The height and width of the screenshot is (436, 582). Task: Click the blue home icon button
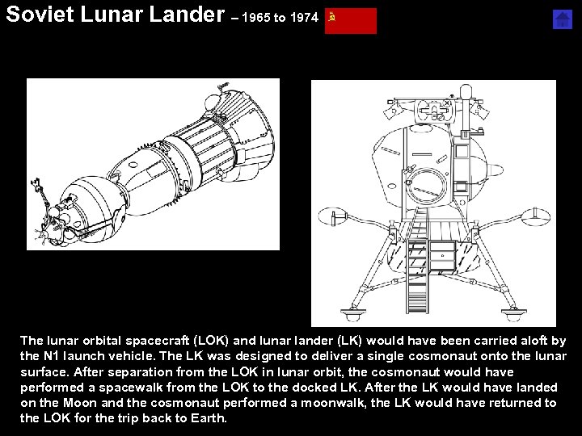click(x=563, y=20)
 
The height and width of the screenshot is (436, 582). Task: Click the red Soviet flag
click(x=351, y=21)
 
